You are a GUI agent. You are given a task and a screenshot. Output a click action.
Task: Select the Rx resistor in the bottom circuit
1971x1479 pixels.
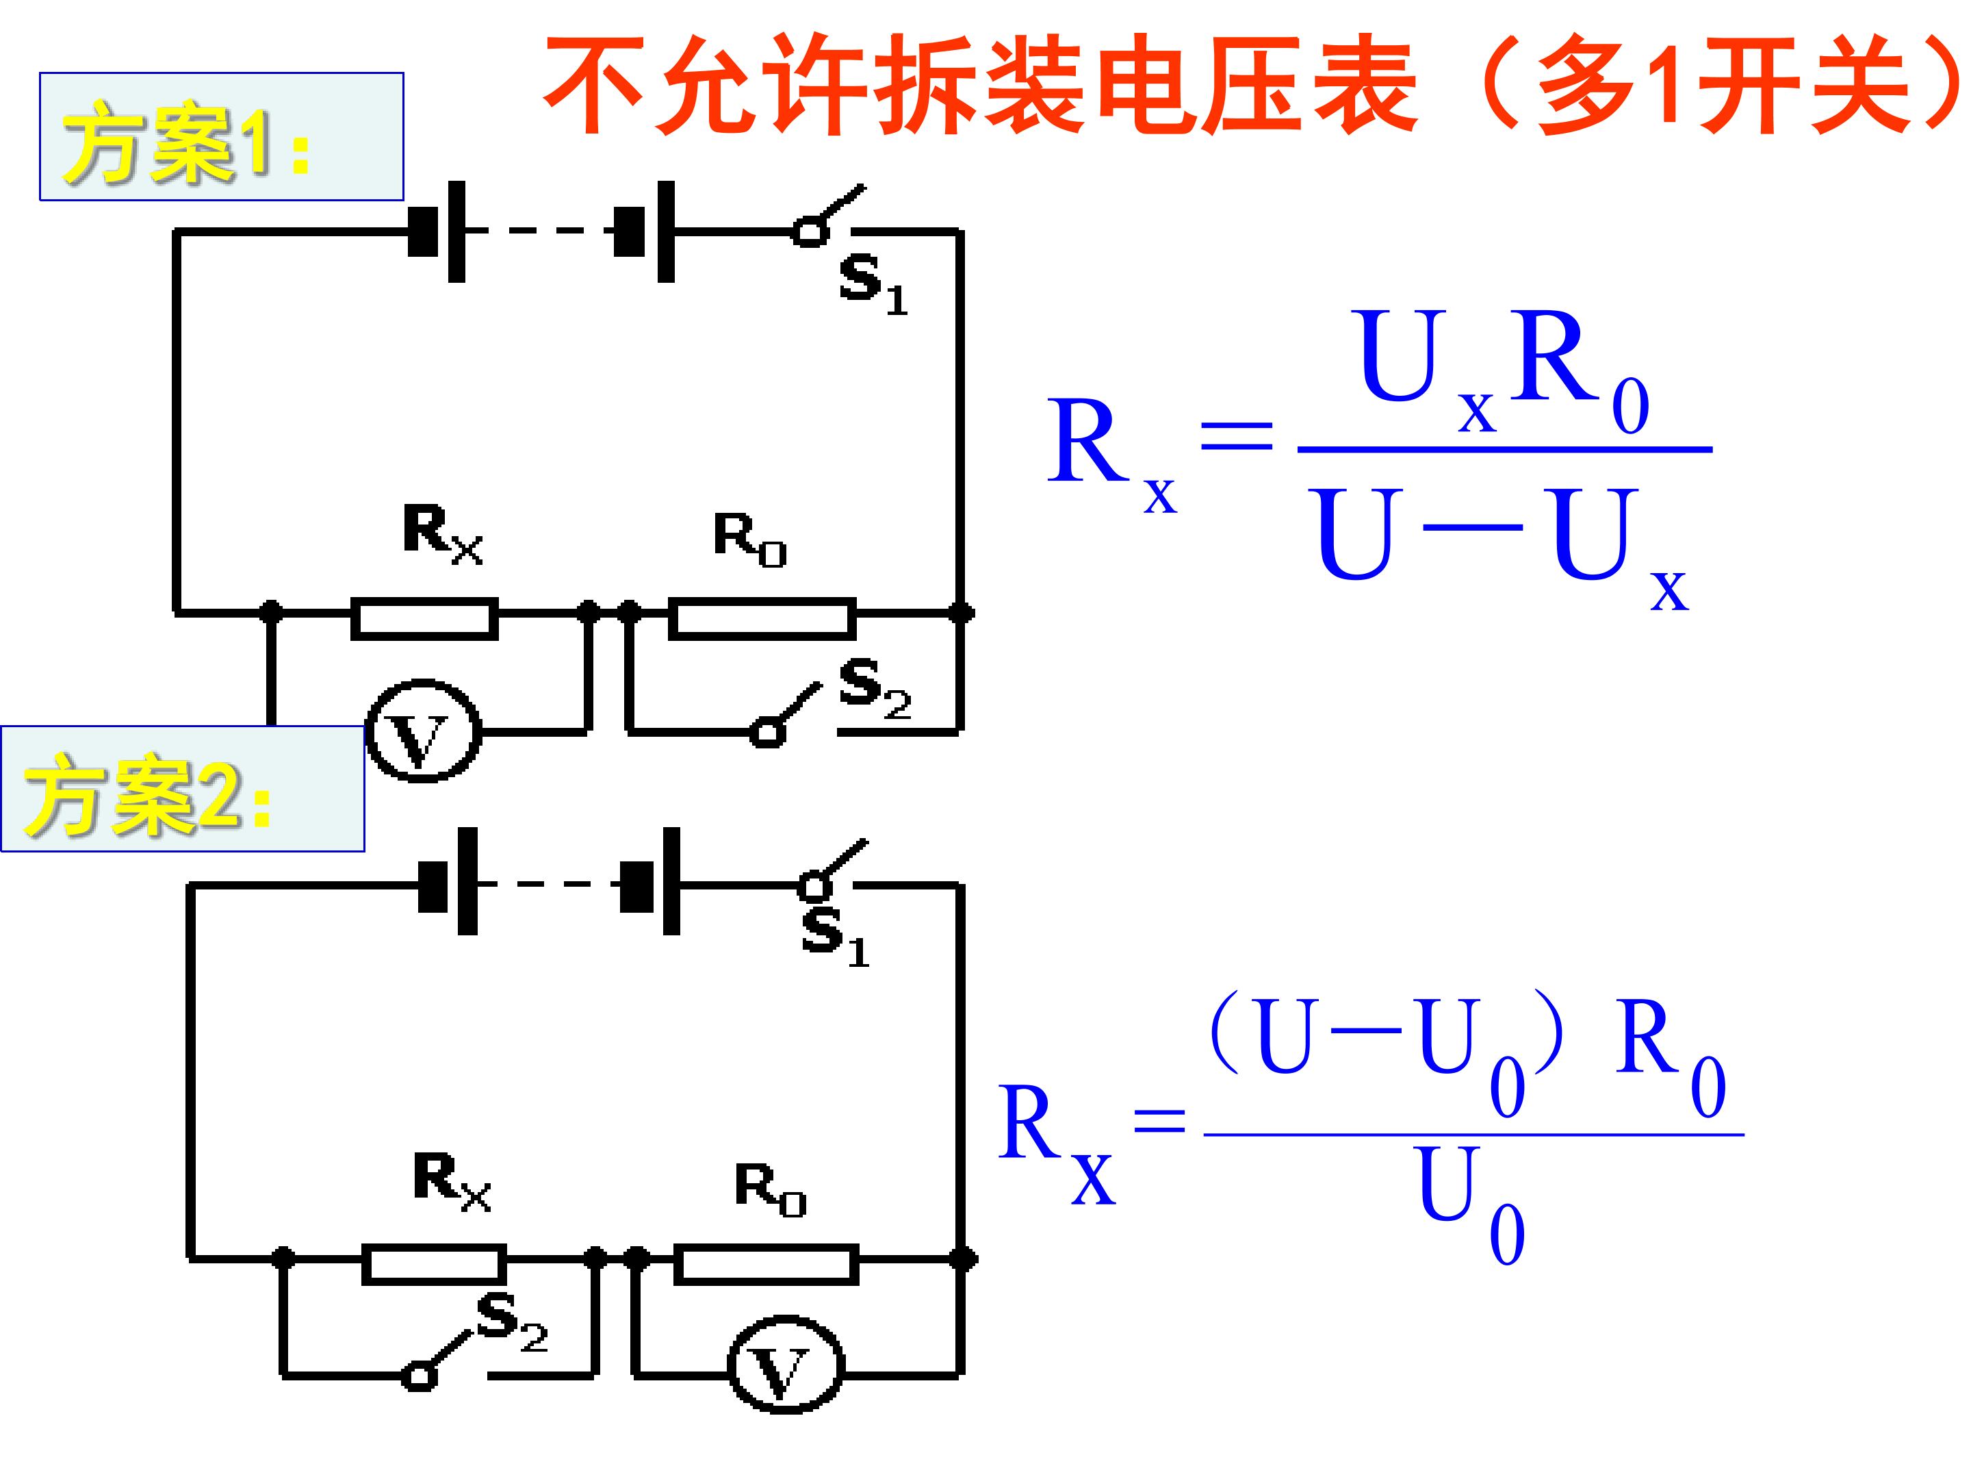(434, 1263)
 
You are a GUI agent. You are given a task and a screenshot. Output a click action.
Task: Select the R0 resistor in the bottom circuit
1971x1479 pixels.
(766, 1263)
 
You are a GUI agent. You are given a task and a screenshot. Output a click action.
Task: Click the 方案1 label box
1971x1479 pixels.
(222, 136)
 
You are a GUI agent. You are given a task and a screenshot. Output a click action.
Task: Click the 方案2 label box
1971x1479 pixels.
(183, 788)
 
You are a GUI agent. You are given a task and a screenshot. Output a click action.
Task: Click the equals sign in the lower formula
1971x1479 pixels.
(1159, 1119)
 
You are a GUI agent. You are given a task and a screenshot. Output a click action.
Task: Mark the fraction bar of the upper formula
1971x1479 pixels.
(1505, 449)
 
